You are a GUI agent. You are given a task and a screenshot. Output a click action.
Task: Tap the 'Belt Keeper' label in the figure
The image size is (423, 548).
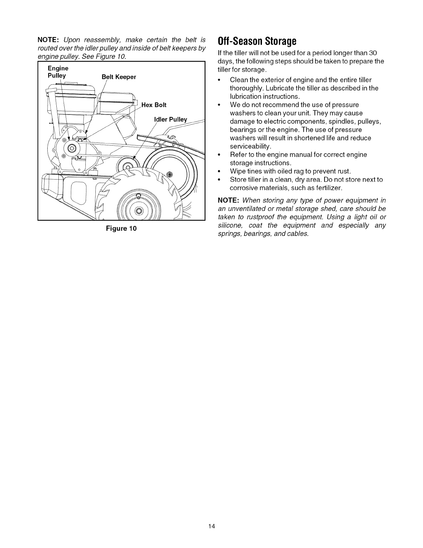[x=119, y=77]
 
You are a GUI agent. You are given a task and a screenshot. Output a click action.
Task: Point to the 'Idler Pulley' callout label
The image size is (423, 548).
[x=170, y=120]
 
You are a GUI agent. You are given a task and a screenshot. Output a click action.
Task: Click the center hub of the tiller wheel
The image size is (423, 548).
[x=139, y=211]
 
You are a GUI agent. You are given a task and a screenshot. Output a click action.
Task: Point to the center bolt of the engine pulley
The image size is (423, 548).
[x=72, y=148]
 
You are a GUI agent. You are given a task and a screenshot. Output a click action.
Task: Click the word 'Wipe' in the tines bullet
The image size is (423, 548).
[x=237, y=171]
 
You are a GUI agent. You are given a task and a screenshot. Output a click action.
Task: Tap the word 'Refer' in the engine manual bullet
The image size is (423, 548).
[x=238, y=155]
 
